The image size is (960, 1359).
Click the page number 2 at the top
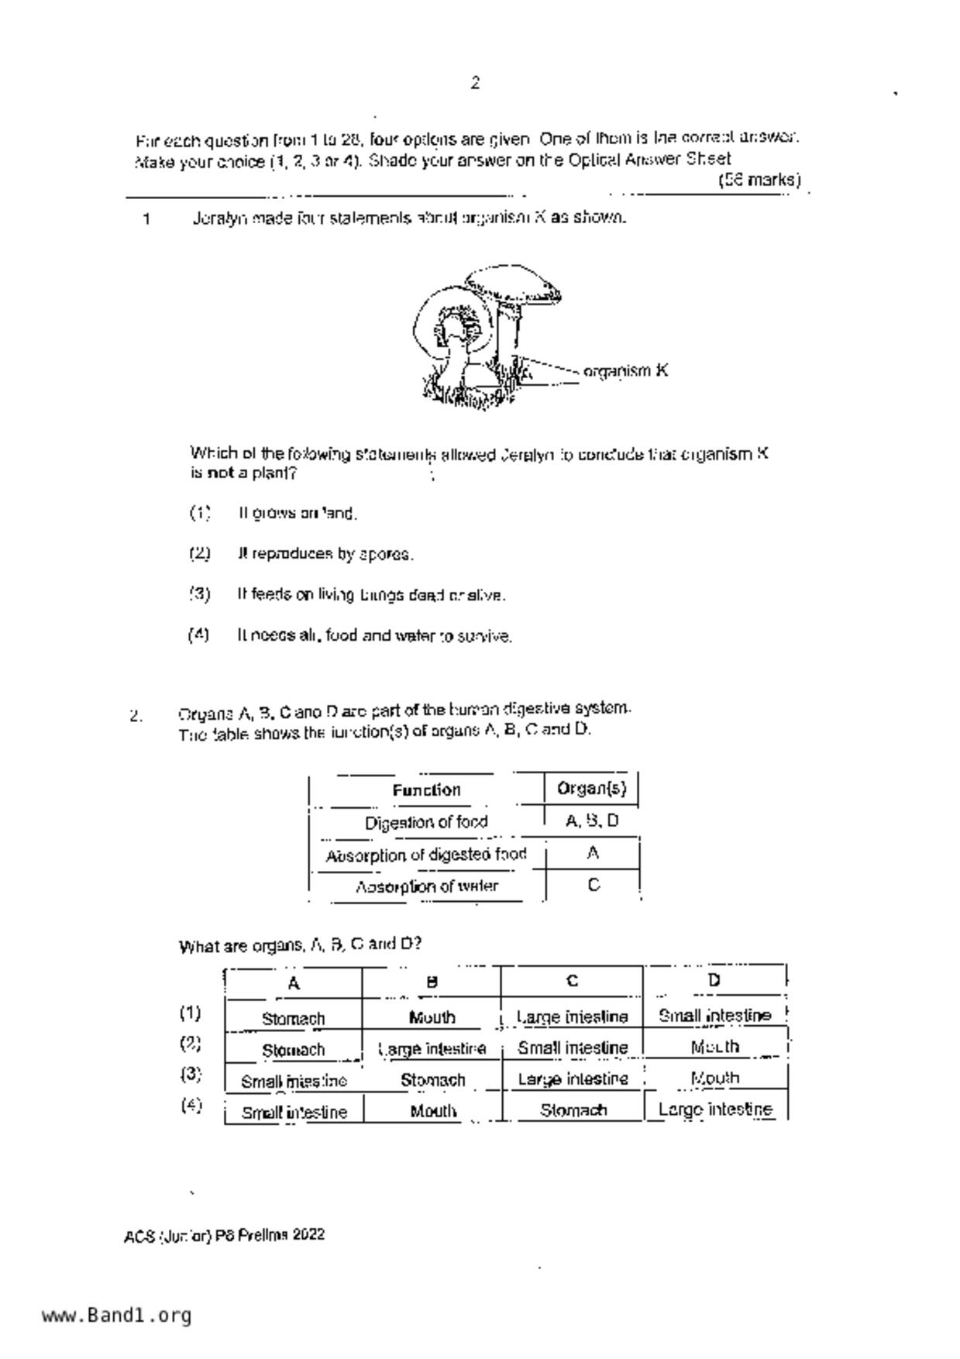(x=475, y=83)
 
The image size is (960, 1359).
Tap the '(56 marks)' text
(x=759, y=181)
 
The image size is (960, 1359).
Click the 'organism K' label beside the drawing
(x=625, y=371)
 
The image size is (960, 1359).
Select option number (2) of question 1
(x=200, y=553)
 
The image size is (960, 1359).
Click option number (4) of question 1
(x=198, y=635)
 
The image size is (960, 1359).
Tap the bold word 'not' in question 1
(x=220, y=473)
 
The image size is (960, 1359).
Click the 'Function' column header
(x=426, y=790)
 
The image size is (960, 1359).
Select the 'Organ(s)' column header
(x=592, y=789)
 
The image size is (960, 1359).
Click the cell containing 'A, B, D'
(x=592, y=821)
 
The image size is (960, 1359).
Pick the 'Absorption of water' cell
(x=426, y=886)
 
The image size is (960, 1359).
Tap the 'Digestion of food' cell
(x=426, y=822)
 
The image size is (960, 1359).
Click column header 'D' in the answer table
(x=714, y=981)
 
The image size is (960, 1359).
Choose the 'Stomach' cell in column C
(x=573, y=1110)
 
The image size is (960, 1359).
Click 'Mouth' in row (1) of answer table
(x=432, y=1017)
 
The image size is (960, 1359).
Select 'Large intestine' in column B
(x=432, y=1049)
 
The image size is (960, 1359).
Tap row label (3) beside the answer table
(x=191, y=1075)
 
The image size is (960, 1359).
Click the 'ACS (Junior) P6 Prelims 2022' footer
(x=224, y=1235)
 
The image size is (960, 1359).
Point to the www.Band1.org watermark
(x=116, y=1316)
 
